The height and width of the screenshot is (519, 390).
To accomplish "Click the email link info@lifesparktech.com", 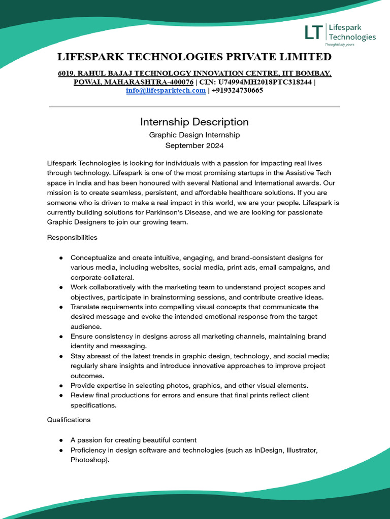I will pos(166,90).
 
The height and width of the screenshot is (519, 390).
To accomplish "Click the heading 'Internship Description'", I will pos(194,122).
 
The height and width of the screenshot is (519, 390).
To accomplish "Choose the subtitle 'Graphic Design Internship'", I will pos(194,135).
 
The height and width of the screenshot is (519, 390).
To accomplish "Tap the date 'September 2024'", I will pos(194,145).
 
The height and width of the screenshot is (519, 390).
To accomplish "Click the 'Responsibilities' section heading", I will pos(72,237).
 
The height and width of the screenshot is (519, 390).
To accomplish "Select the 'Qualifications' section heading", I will pos(69,420).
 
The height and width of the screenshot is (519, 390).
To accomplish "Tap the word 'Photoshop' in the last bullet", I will pos(89,460).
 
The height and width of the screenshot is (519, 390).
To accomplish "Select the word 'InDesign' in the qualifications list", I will pos(269,450).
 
